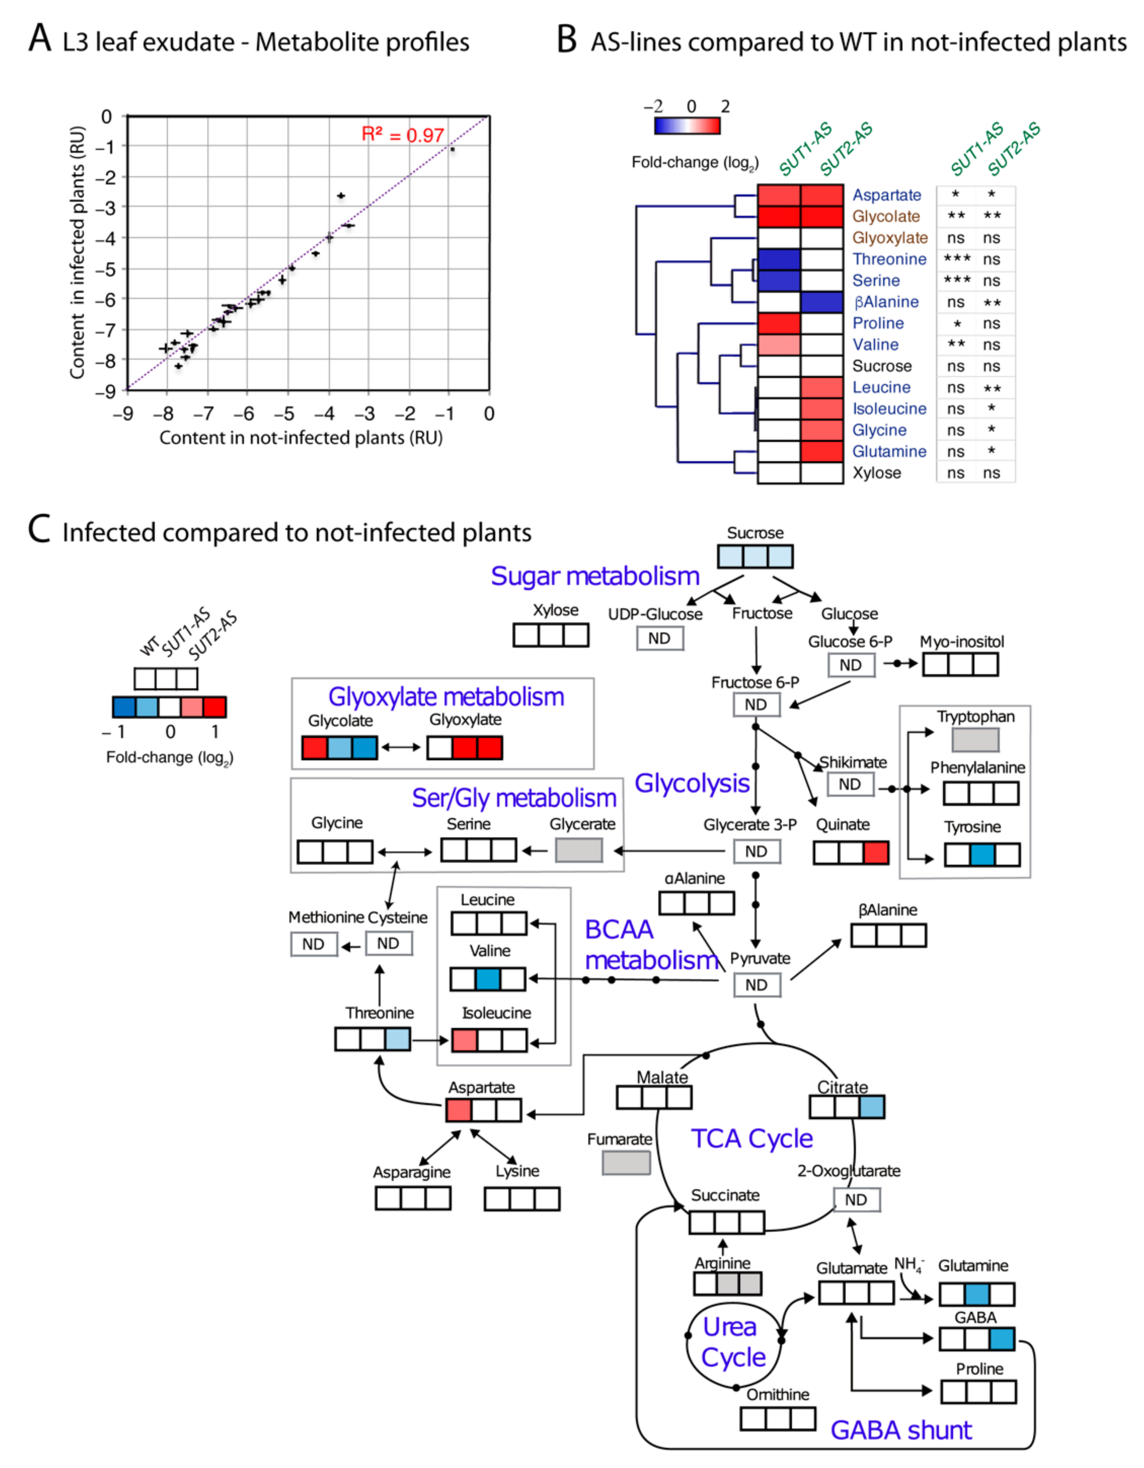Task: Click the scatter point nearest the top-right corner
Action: [453, 149]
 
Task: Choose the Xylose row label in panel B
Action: [876, 473]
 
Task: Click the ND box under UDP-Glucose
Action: [659, 638]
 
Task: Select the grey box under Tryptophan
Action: [975, 740]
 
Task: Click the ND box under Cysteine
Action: [388, 944]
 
